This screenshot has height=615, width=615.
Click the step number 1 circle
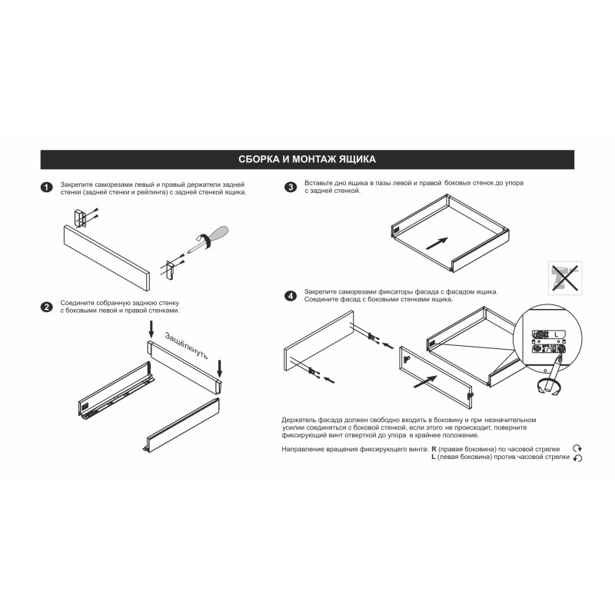coord(47,188)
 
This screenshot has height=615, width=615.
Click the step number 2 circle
coord(47,307)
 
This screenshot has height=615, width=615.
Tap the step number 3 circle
coord(291,187)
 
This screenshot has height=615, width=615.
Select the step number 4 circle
coord(291,296)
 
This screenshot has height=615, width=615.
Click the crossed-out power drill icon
coord(565,278)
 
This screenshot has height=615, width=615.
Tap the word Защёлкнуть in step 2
coord(187,345)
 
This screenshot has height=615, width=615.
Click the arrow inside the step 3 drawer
coord(437,243)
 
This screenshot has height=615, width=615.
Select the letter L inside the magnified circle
coord(556,334)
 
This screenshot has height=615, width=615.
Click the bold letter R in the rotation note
coord(434,449)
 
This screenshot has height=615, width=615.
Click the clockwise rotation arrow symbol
coord(577,448)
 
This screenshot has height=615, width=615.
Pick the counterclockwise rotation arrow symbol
coord(577,457)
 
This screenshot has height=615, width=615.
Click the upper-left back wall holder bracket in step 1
coord(79,218)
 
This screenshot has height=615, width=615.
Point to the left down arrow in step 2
coord(151,329)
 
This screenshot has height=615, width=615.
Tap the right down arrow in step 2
coord(220,369)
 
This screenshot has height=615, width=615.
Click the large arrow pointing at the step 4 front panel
coord(425,381)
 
